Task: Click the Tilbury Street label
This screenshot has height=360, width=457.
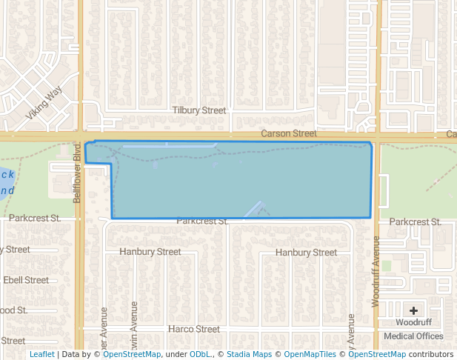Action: (x=199, y=110)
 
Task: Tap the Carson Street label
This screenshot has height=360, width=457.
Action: (x=288, y=134)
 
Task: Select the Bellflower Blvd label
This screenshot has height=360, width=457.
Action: (x=76, y=173)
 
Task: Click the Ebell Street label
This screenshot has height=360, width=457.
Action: (x=26, y=280)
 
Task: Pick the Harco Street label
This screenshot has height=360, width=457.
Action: (x=194, y=329)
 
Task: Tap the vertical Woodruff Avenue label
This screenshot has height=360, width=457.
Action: (x=376, y=271)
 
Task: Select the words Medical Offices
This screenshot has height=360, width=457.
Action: (x=413, y=336)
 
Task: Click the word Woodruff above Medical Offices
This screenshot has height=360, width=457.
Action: (x=413, y=323)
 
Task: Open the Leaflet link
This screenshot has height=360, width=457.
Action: (x=41, y=355)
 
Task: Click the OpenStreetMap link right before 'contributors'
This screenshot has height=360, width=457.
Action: (x=378, y=355)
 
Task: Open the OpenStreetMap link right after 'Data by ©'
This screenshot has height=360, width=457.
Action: (x=131, y=355)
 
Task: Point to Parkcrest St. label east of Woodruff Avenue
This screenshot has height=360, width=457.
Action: (x=415, y=221)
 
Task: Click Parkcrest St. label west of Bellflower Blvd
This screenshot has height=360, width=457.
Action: (x=35, y=219)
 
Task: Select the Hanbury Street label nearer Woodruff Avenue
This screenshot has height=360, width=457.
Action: (x=306, y=253)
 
